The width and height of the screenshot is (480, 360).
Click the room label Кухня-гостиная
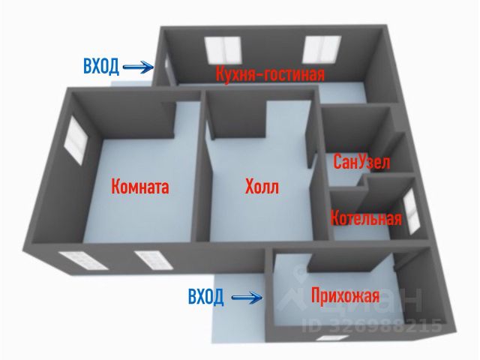(269, 75)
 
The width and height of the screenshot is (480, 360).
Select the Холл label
(261, 186)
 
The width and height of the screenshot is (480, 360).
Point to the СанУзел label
(361, 163)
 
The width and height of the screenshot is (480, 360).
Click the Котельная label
(366, 219)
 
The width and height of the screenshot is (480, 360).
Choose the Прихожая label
(344, 296)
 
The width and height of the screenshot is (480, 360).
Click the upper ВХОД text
(100, 67)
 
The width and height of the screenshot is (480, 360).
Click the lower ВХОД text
(205, 298)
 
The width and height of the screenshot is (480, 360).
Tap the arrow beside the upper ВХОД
(138, 67)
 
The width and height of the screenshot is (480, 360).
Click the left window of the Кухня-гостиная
(222, 51)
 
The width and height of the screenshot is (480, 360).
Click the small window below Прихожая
(328, 338)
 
